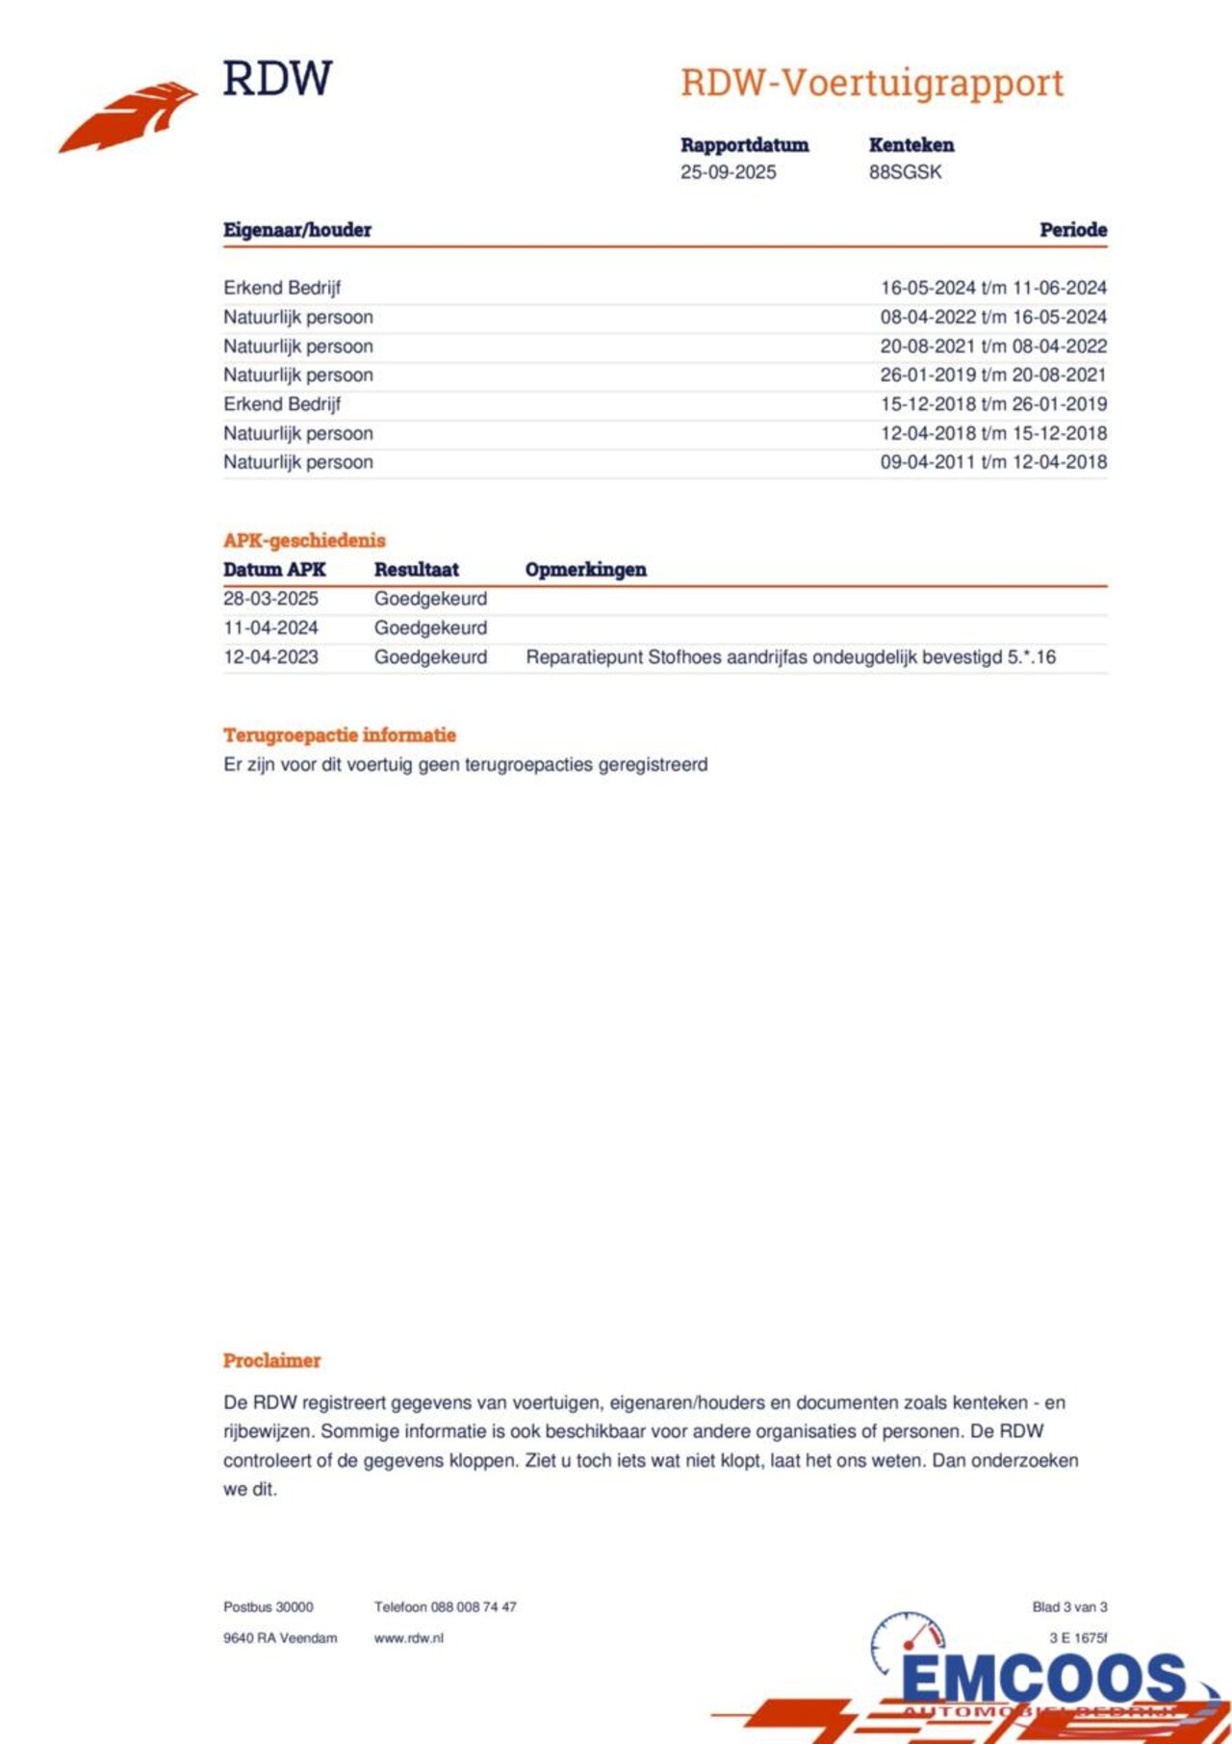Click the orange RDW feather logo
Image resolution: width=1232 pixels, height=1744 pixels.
pos(127,115)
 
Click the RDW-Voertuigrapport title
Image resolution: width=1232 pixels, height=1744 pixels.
pos(872,84)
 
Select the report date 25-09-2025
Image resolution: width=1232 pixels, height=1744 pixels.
pos(728,172)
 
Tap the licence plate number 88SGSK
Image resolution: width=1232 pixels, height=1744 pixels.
pos(905,172)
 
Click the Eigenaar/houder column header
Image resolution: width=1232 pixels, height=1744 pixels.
pos(297,230)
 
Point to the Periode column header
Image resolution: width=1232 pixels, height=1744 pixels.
pos(1072,230)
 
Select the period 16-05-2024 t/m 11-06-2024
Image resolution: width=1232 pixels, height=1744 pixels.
pos(993,288)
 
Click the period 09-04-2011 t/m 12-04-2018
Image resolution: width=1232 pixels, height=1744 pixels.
pos(993,462)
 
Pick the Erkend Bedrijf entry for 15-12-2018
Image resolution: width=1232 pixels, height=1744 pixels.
pos(282,404)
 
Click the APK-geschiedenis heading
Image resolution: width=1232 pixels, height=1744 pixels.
pos(304,540)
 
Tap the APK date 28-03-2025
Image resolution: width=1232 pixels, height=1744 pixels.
pos(270,599)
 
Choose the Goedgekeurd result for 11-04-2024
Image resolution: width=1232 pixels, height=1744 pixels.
pos(430,628)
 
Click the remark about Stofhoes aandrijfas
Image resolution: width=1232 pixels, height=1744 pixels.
pos(790,657)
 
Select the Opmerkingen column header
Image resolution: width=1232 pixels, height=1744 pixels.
pos(585,570)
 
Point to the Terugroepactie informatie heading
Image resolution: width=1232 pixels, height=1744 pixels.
pos(340,735)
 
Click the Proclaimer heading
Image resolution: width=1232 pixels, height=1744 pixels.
pos(271,1361)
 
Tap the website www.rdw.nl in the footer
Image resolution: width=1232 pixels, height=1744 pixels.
pos(409,1638)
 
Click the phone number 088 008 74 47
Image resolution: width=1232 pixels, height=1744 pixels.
pos(474,1607)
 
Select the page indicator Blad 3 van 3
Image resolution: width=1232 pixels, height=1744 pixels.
pos(1069,1607)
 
